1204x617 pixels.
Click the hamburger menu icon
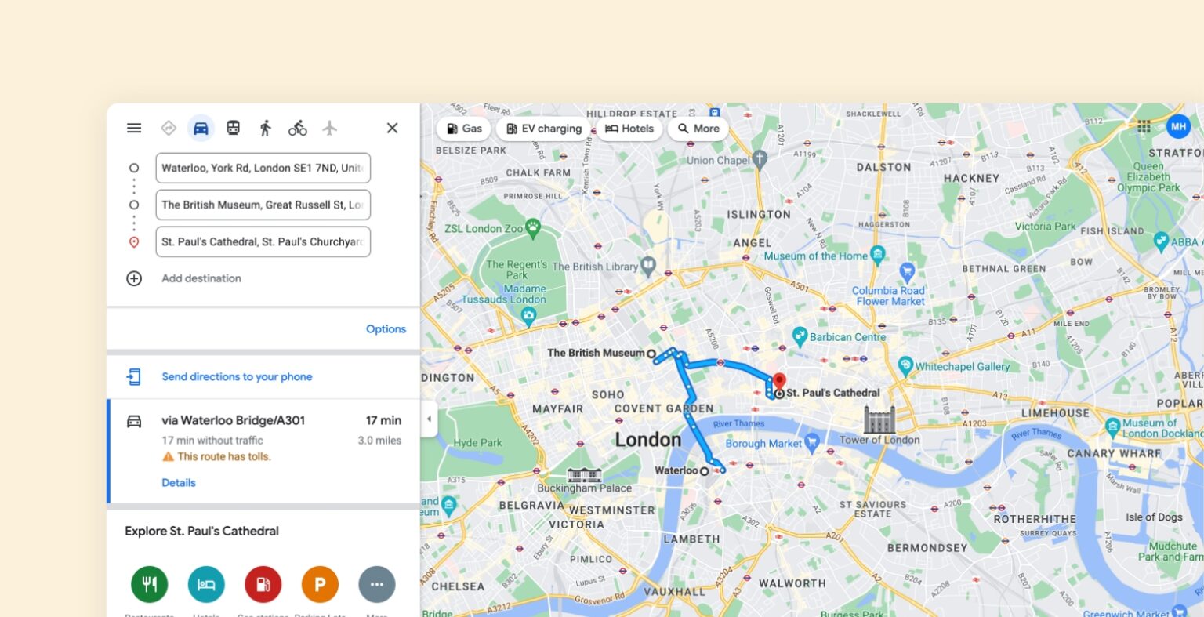134,128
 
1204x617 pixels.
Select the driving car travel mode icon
201,128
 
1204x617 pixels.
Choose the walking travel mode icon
265,128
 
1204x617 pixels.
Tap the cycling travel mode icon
297,128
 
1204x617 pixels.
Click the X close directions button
392,128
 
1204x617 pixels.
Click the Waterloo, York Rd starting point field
263,168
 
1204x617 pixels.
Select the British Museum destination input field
263,205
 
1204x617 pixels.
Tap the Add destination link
201,278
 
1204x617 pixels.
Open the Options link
386,329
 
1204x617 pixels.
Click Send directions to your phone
237,377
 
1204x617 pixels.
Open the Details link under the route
179,483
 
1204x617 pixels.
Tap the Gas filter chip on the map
464,129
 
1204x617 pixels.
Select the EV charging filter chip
544,129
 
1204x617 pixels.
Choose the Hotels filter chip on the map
629,129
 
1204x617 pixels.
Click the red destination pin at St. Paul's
778,383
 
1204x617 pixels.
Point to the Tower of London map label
879,440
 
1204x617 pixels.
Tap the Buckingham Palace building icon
584,474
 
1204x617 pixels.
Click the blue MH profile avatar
1177,125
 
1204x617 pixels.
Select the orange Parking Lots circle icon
320,584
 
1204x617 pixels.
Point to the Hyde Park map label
477,443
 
